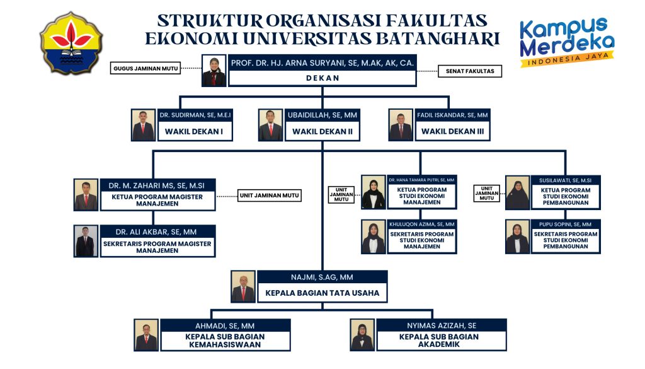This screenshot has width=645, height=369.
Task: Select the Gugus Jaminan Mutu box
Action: [146, 68]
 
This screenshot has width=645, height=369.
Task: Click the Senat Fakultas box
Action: [469, 71]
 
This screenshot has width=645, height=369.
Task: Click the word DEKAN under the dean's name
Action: [322, 78]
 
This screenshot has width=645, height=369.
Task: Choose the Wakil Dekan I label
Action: [195, 132]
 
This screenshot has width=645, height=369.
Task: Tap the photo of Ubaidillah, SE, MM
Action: [271, 126]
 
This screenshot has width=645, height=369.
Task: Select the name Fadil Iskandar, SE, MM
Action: [452, 115]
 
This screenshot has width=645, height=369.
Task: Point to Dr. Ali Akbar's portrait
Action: [86, 242]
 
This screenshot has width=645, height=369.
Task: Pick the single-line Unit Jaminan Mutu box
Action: [269, 196]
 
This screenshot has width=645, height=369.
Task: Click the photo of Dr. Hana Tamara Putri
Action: [374, 192]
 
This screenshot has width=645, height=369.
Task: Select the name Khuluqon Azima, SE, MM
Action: [421, 225]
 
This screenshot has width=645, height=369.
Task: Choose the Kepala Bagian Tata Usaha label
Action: [321, 293]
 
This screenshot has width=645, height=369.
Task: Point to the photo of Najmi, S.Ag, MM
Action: [243, 287]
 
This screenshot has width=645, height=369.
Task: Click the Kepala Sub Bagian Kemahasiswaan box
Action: [225, 341]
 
